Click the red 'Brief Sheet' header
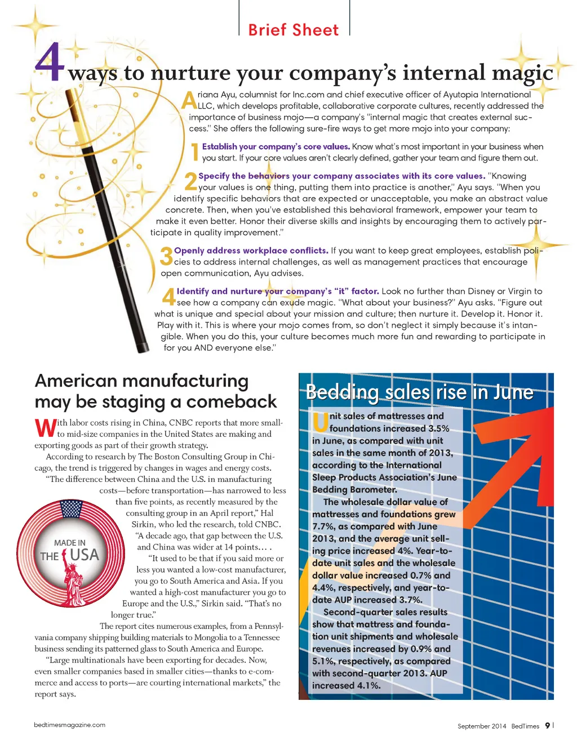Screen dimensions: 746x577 click(x=294, y=30)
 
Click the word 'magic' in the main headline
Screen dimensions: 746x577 click(x=522, y=73)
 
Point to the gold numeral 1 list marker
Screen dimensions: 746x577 click(x=195, y=152)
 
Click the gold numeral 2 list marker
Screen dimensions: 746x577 click(x=191, y=181)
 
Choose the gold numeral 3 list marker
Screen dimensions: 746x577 click(x=166, y=256)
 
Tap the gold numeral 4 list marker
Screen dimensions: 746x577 click(x=169, y=297)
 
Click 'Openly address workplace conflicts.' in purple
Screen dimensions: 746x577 click(x=251, y=251)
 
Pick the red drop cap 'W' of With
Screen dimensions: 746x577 click(x=45, y=428)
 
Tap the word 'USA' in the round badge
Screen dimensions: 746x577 click(x=85, y=555)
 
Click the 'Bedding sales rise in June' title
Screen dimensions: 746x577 click(x=419, y=392)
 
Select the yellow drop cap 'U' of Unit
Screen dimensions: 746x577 click(x=321, y=422)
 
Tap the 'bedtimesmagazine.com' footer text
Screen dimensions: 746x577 click(x=69, y=725)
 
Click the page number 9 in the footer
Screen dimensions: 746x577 click(x=547, y=726)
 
